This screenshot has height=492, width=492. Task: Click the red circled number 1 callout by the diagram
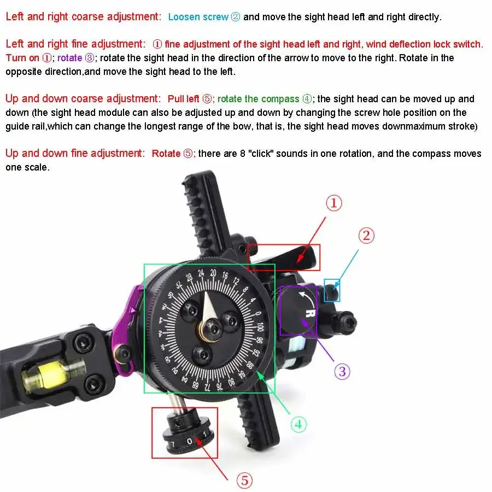coord(333,203)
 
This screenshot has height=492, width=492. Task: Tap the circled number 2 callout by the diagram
coord(366,236)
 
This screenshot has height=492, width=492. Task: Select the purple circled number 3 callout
coord(342,372)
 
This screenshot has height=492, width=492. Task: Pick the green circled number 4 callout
coord(298,424)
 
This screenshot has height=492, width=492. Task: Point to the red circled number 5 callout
coord(244,481)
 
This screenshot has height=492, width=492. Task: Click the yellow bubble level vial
coord(47,375)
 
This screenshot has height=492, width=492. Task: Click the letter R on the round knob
coord(311,313)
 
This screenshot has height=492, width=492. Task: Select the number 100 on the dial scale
coord(260,327)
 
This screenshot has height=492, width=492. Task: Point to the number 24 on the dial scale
coord(201,273)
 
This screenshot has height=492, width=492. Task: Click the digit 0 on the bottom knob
coord(189,441)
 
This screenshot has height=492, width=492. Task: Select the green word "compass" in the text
coord(280,99)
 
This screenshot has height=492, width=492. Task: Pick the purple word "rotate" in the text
coord(69,58)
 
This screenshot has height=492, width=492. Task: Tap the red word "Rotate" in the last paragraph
coord(166,154)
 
